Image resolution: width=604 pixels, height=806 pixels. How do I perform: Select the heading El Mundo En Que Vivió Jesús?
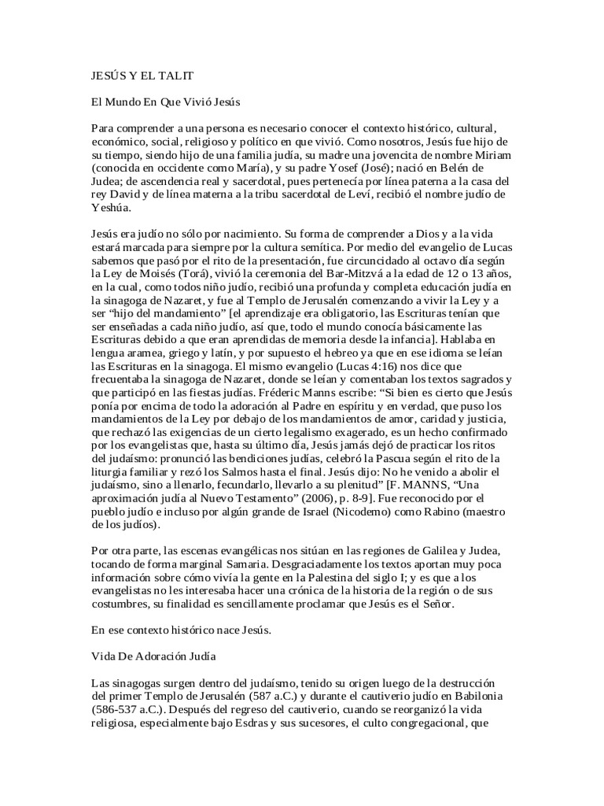(165, 102)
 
